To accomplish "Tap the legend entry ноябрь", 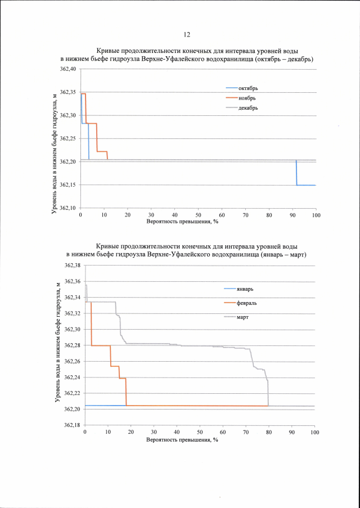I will tap(247, 98).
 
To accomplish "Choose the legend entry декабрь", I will tap(248, 107).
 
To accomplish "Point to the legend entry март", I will tap(242, 317).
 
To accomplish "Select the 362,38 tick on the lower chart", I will tap(72, 266).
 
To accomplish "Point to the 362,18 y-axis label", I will tap(72, 425).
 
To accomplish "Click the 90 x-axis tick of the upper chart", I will tap(292, 215).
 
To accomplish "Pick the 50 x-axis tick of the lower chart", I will tap(200, 432).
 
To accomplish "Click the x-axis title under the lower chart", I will tap(182, 439).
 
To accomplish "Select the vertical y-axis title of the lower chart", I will tap(58, 343).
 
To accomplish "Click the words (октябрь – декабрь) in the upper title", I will tap(285, 59).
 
